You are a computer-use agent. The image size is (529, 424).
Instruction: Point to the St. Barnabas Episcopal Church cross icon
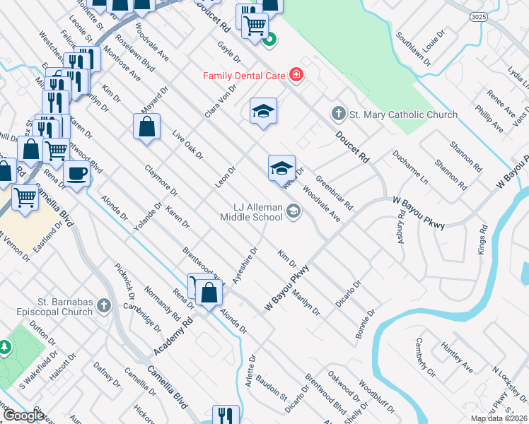[x=103, y=305]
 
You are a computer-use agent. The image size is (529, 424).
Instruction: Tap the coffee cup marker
[x=76, y=172]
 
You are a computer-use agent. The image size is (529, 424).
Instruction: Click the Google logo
[x=23, y=416]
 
